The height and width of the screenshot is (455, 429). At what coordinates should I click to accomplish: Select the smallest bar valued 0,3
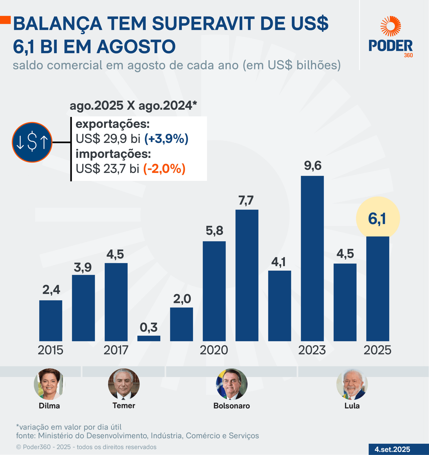[149, 338]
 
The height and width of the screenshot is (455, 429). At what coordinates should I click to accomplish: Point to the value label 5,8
[214, 230]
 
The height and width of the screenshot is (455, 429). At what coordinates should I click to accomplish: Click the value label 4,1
[279, 262]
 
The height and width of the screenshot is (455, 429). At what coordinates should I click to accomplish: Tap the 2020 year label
[214, 350]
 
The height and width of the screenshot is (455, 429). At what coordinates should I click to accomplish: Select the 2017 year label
[116, 350]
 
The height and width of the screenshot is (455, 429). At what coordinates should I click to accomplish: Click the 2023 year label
[312, 350]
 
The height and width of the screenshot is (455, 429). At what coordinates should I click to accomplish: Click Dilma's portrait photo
[49, 384]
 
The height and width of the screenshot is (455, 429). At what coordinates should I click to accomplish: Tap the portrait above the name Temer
[124, 384]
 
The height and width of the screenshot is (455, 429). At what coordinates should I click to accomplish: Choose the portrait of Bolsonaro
[232, 384]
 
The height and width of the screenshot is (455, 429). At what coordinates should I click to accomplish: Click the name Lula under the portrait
[352, 406]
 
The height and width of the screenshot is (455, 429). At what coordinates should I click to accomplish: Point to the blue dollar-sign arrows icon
[32, 142]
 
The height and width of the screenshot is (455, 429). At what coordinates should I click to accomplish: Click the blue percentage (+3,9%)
[166, 139]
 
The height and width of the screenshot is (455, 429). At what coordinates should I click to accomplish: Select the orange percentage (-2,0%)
[164, 169]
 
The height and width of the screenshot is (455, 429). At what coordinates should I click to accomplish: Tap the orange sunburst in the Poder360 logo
[391, 26]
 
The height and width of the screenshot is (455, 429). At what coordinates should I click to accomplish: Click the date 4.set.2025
[392, 449]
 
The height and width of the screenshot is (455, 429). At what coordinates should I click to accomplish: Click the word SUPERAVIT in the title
[203, 24]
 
